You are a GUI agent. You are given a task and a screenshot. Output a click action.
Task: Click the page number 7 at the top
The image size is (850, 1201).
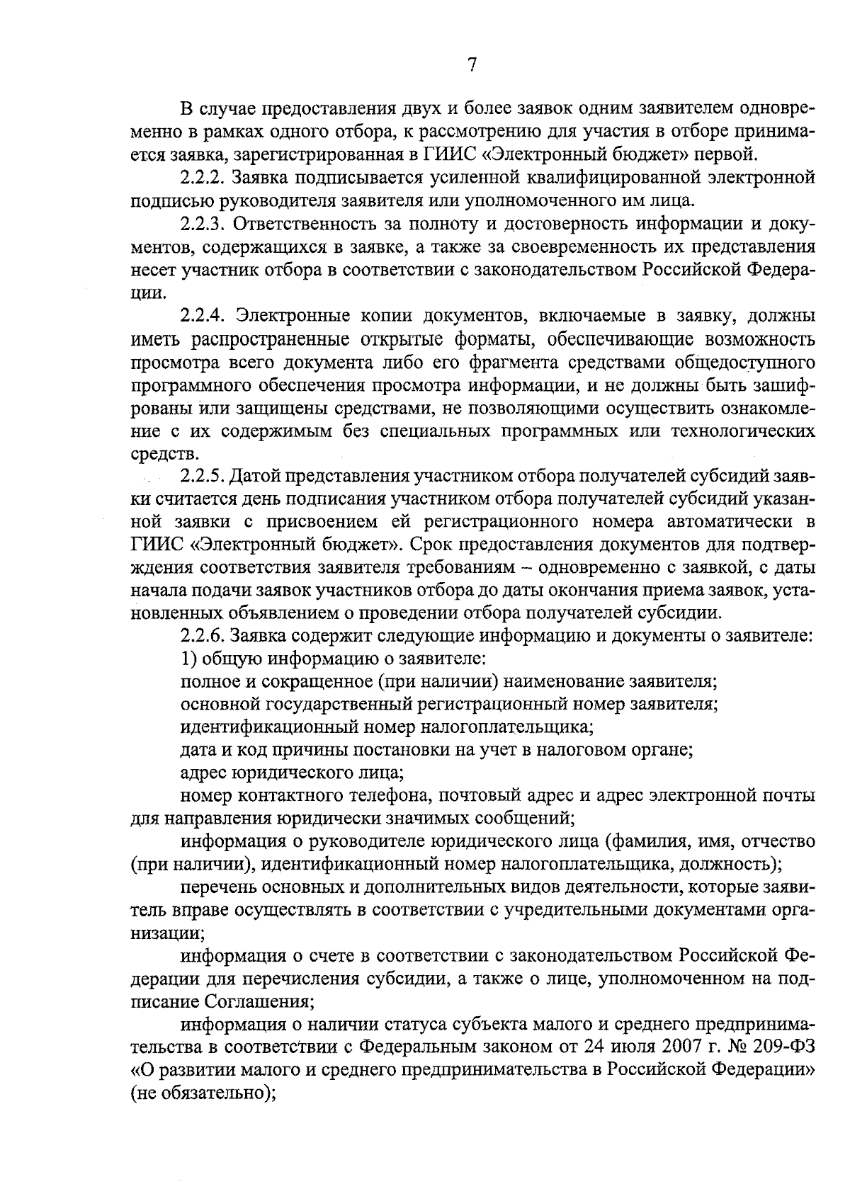pos(472,64)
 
